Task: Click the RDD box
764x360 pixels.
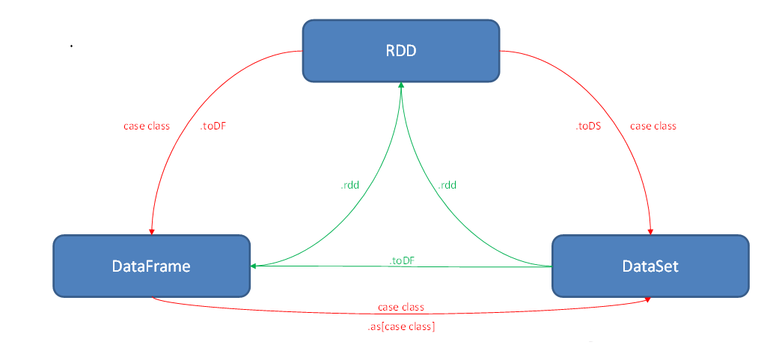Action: [x=400, y=50]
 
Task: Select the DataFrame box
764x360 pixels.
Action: [x=151, y=265]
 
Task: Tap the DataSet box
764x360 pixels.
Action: [x=650, y=265]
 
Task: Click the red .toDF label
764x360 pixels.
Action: [x=213, y=126]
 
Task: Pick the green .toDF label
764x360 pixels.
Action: [x=403, y=260]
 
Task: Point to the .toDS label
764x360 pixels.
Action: [x=588, y=126]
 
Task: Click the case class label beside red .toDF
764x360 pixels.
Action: [x=147, y=126]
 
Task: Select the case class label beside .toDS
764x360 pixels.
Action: [x=653, y=126]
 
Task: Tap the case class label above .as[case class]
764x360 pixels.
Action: [x=400, y=307]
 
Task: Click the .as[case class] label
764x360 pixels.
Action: [x=400, y=326]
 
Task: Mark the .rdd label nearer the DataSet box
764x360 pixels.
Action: [x=447, y=185]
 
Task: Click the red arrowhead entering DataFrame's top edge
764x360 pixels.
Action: [x=152, y=231]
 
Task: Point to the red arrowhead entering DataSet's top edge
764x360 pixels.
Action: [x=650, y=231]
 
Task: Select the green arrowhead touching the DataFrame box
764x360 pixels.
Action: [x=254, y=266]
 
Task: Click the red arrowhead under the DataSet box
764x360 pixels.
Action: [x=647, y=299]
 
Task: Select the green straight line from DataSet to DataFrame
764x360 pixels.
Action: [x=479, y=266]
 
